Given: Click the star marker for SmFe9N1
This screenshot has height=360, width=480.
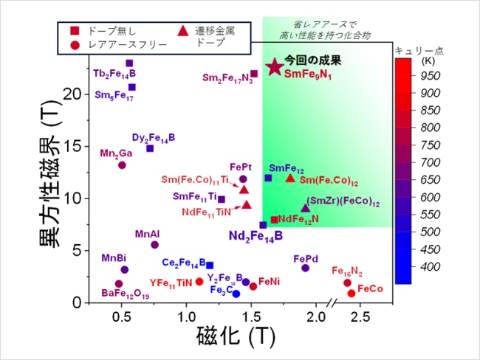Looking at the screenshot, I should click(x=274, y=66).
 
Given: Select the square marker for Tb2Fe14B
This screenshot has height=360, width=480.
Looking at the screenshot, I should click(x=129, y=63).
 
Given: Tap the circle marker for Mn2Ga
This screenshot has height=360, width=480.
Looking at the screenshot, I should click(x=122, y=165).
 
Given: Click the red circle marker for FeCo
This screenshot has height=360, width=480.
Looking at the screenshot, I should click(x=352, y=293).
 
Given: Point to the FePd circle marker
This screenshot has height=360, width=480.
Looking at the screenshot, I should click(x=305, y=268).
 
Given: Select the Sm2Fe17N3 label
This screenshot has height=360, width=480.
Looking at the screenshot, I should click(x=227, y=77).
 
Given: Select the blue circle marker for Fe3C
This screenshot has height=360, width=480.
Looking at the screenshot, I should click(x=236, y=294).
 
